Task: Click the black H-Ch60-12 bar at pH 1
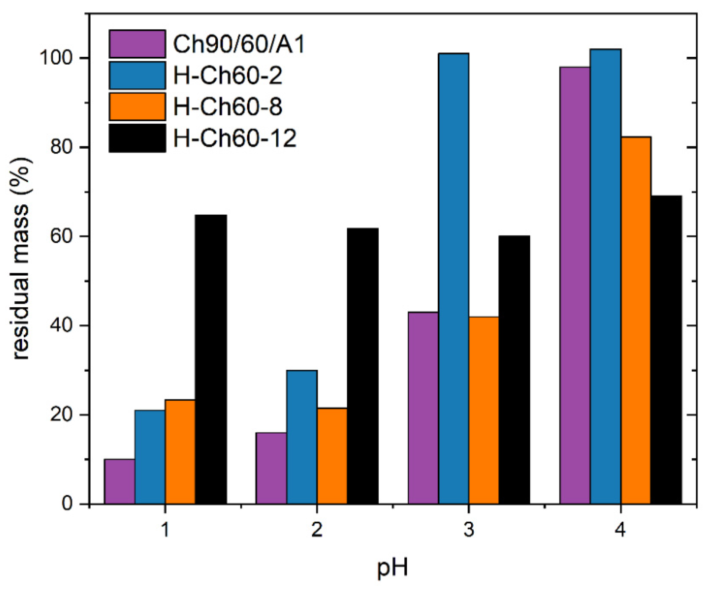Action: click(211, 359)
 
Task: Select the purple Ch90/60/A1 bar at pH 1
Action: click(120, 482)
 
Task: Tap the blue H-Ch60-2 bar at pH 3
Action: click(453, 279)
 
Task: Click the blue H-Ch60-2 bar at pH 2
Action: click(302, 437)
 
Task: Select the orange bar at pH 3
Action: click(483, 410)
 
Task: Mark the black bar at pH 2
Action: click(363, 366)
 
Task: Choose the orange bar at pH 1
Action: click(180, 452)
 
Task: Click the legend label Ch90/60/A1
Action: click(239, 44)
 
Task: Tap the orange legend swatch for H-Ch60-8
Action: click(137, 107)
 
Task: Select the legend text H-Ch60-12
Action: click(235, 138)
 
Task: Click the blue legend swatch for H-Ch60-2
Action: click(137, 75)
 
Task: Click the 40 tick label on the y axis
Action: click(61, 325)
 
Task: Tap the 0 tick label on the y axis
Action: click(67, 503)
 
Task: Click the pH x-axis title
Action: click(392, 568)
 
